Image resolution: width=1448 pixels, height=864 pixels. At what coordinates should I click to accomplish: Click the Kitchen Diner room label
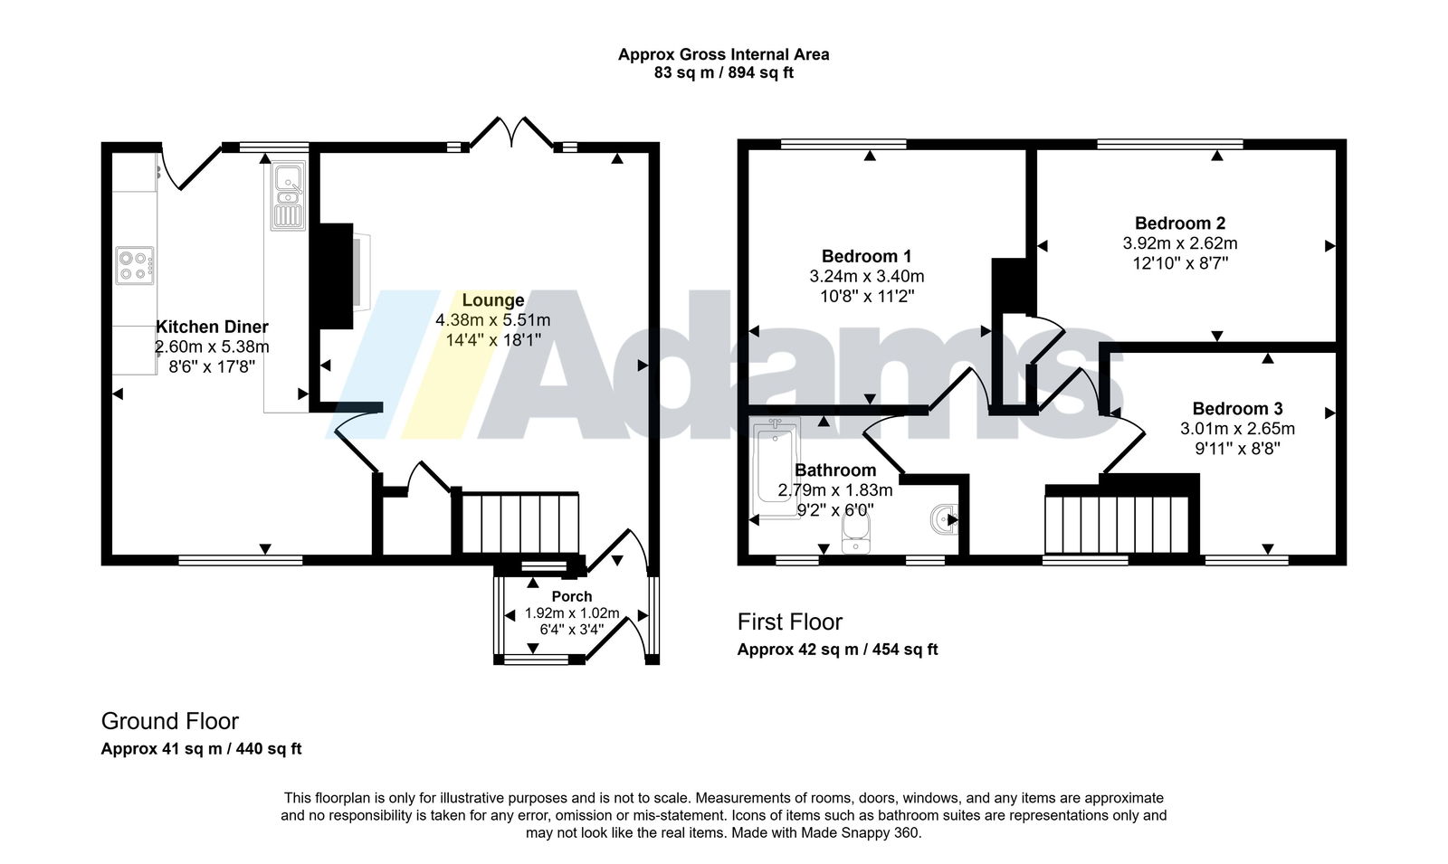click(x=212, y=327)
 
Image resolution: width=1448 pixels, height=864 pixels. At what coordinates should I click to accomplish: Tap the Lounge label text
click(x=492, y=299)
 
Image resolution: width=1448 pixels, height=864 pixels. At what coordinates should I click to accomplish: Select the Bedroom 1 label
click(x=866, y=256)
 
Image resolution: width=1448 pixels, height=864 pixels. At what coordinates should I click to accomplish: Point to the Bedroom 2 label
click(x=1180, y=223)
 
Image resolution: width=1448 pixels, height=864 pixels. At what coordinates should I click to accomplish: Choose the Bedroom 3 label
click(x=1237, y=408)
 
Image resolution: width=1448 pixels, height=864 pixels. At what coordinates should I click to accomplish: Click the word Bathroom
click(x=835, y=470)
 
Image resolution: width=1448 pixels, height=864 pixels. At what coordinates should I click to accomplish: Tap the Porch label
click(x=571, y=596)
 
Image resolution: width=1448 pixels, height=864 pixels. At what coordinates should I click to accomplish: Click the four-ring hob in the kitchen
click(x=135, y=265)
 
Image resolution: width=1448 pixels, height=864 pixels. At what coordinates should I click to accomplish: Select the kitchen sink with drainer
click(x=288, y=195)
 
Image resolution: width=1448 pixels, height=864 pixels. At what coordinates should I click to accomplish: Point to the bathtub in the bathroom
click(x=776, y=467)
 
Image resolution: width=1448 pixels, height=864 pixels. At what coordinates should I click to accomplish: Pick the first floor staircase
click(x=1117, y=524)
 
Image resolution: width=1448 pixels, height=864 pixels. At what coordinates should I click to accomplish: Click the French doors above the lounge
click(x=511, y=132)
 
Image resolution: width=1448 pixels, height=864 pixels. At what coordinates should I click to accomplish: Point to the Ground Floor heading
click(x=170, y=720)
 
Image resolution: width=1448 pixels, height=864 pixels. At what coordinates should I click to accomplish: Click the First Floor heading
click(x=790, y=622)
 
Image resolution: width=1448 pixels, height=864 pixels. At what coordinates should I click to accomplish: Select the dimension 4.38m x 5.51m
click(x=492, y=320)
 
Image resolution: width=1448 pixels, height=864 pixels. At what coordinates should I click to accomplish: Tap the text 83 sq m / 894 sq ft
click(x=723, y=72)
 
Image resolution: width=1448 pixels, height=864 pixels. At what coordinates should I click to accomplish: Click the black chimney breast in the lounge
click(x=332, y=276)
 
